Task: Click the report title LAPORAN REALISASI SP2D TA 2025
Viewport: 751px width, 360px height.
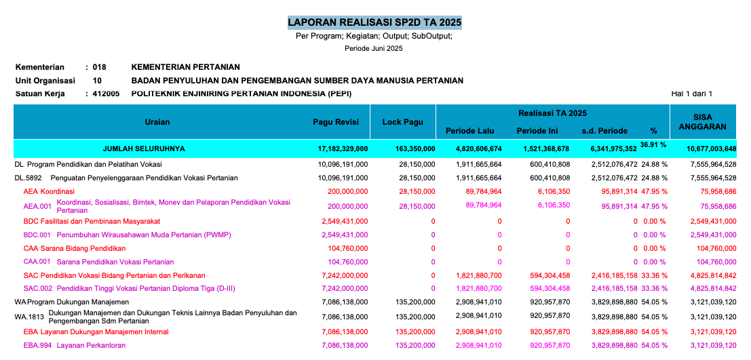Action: tap(374, 22)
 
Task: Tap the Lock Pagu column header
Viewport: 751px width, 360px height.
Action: tap(402, 121)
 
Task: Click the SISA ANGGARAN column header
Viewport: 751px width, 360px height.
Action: tap(707, 121)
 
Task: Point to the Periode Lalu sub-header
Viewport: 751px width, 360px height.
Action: tap(469, 131)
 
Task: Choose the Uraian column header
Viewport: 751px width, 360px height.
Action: tap(157, 121)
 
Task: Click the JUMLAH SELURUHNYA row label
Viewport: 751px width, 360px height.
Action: tap(143, 148)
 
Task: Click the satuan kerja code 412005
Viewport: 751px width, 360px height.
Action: tap(106, 94)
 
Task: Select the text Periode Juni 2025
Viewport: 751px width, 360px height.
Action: tap(374, 48)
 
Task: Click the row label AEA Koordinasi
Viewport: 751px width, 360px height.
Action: tap(50, 191)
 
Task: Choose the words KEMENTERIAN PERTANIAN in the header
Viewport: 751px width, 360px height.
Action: tap(185, 67)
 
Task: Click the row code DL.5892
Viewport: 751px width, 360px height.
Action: tap(28, 178)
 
